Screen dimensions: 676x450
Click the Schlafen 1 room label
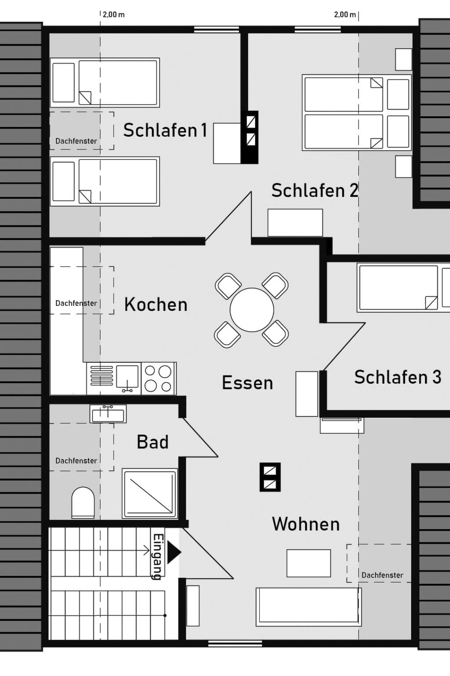click(165, 130)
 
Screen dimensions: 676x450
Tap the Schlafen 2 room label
click(315, 191)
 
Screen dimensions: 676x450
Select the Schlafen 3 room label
click(398, 377)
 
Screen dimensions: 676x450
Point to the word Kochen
click(156, 305)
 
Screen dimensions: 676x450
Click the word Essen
click(247, 383)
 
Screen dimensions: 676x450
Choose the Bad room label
click(152, 442)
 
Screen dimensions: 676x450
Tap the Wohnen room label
click(306, 524)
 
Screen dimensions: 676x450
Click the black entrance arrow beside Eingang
click(173, 552)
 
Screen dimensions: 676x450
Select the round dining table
click(252, 310)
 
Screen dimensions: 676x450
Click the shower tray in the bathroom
click(150, 494)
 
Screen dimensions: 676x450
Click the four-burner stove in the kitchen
click(158, 378)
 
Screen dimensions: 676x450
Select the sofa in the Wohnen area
click(308, 606)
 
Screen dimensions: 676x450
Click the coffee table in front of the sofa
click(308, 563)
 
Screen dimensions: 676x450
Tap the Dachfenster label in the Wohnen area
click(382, 575)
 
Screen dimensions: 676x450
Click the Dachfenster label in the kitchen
click(76, 303)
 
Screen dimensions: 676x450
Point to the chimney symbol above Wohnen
click(270, 477)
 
